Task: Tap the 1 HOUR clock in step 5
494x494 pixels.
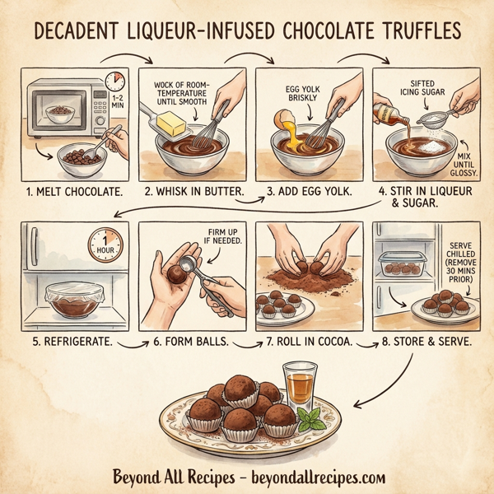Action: [105, 245]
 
